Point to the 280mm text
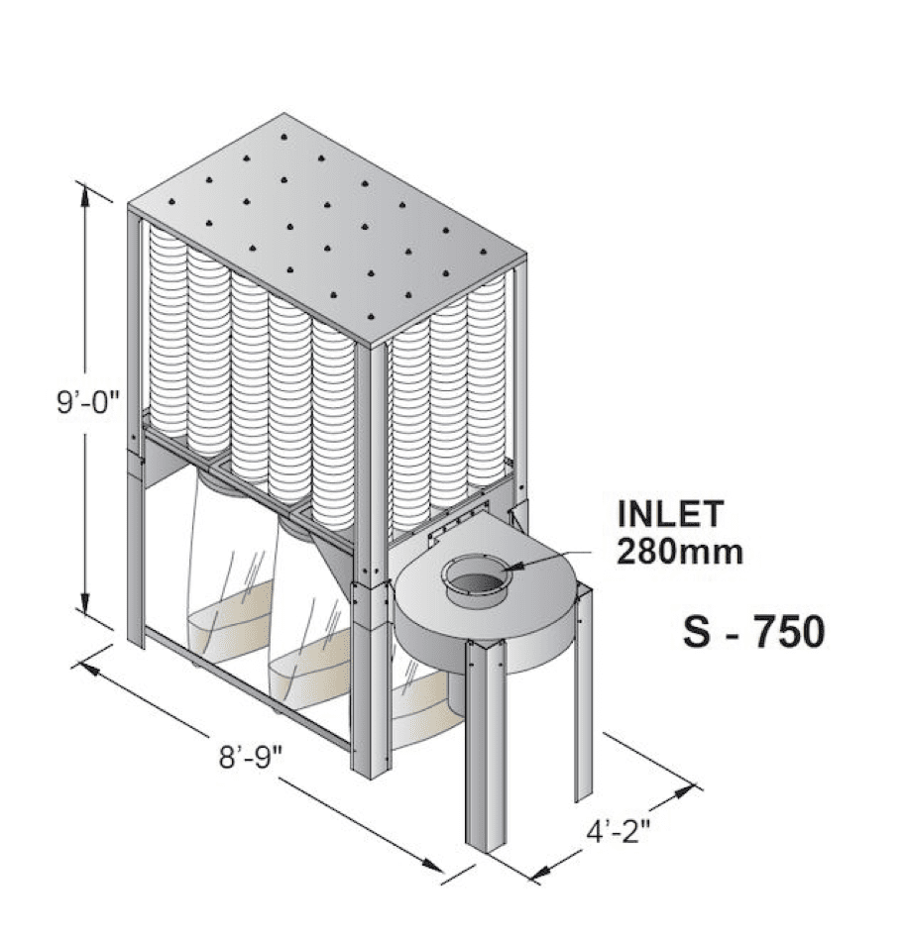(x=679, y=550)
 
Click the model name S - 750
(x=753, y=631)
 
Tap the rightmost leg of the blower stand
(x=582, y=693)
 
